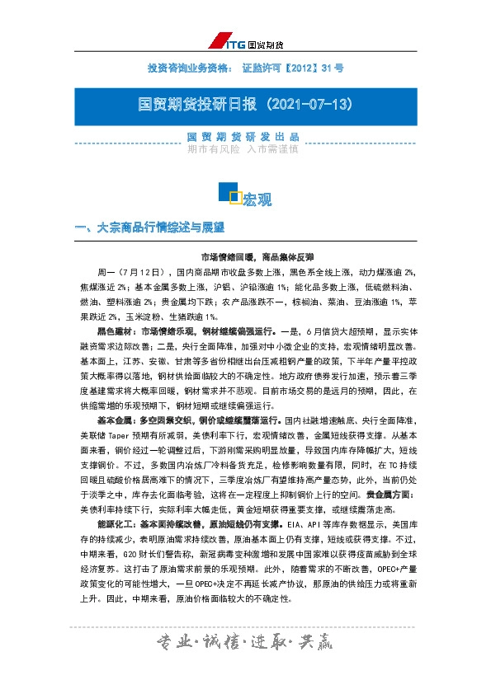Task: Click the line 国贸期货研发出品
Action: [245, 137]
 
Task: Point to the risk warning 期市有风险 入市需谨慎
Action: [245, 150]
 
